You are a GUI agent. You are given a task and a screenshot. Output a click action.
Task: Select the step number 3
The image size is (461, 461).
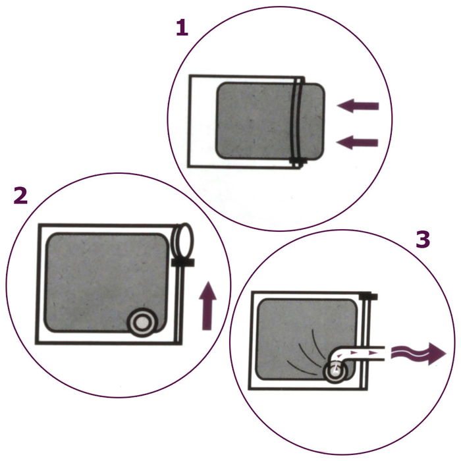422,239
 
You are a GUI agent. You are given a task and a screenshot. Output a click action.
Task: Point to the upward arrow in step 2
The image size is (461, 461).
207,306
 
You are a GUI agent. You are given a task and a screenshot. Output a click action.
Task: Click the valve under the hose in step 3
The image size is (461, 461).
335,373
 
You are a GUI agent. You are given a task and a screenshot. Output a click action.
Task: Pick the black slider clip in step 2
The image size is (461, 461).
182,262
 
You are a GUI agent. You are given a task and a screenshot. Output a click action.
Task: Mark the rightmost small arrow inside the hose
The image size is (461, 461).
373,354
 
